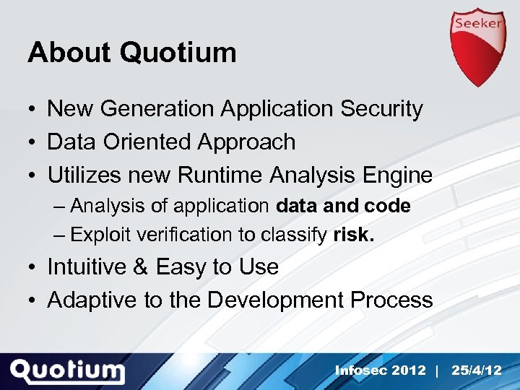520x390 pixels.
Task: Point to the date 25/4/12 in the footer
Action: [476, 370]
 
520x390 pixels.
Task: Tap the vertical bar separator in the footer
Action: [438, 370]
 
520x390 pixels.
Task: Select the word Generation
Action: [156, 109]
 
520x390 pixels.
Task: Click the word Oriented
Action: [144, 142]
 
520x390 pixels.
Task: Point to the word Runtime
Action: [222, 175]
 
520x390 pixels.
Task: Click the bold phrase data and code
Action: [343, 206]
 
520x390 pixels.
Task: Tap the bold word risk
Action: [354, 234]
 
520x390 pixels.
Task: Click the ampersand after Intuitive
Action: [140, 267]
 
